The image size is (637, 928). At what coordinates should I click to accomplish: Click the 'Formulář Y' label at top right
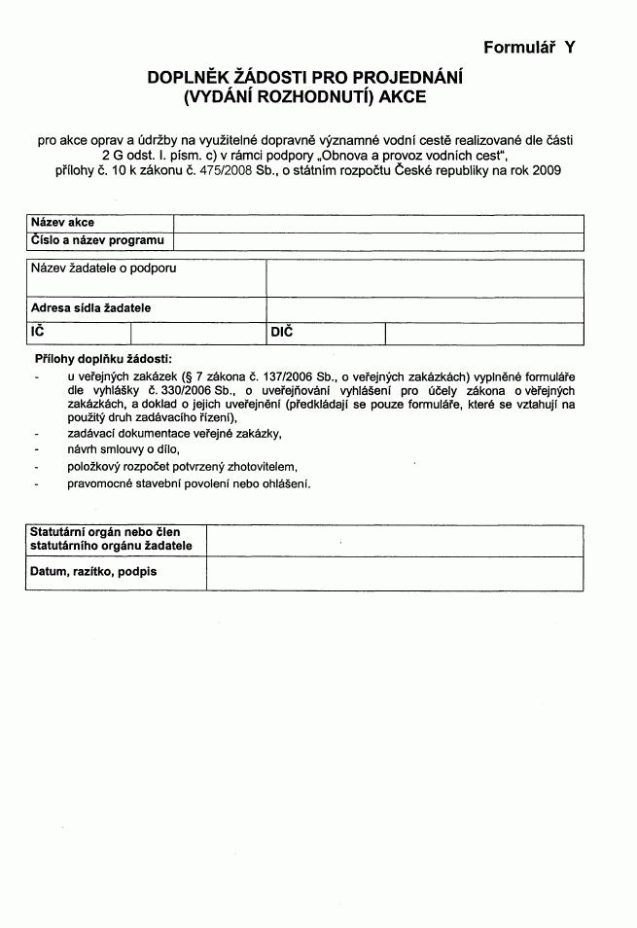[x=529, y=46]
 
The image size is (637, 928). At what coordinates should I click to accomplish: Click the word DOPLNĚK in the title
[x=190, y=78]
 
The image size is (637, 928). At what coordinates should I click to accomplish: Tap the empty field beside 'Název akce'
[x=378, y=223]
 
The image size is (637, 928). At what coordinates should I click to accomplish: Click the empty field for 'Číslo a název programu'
[x=378, y=241]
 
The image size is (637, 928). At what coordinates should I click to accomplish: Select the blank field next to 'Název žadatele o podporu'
[x=425, y=278]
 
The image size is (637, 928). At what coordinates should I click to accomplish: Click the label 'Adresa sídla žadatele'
[x=91, y=308]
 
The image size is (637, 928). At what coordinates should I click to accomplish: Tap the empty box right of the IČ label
[x=205, y=334]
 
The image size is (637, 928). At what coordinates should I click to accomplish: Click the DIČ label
[x=281, y=333]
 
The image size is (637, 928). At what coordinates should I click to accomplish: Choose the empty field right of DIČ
[x=484, y=334]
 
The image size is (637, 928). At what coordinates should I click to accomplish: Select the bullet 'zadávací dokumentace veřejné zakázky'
[x=174, y=432]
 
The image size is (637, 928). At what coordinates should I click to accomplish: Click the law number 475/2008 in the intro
[x=225, y=170]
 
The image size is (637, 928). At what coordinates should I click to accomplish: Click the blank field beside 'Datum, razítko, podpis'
[x=395, y=572]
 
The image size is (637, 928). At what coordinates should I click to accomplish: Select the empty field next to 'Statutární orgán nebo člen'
[x=395, y=539]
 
